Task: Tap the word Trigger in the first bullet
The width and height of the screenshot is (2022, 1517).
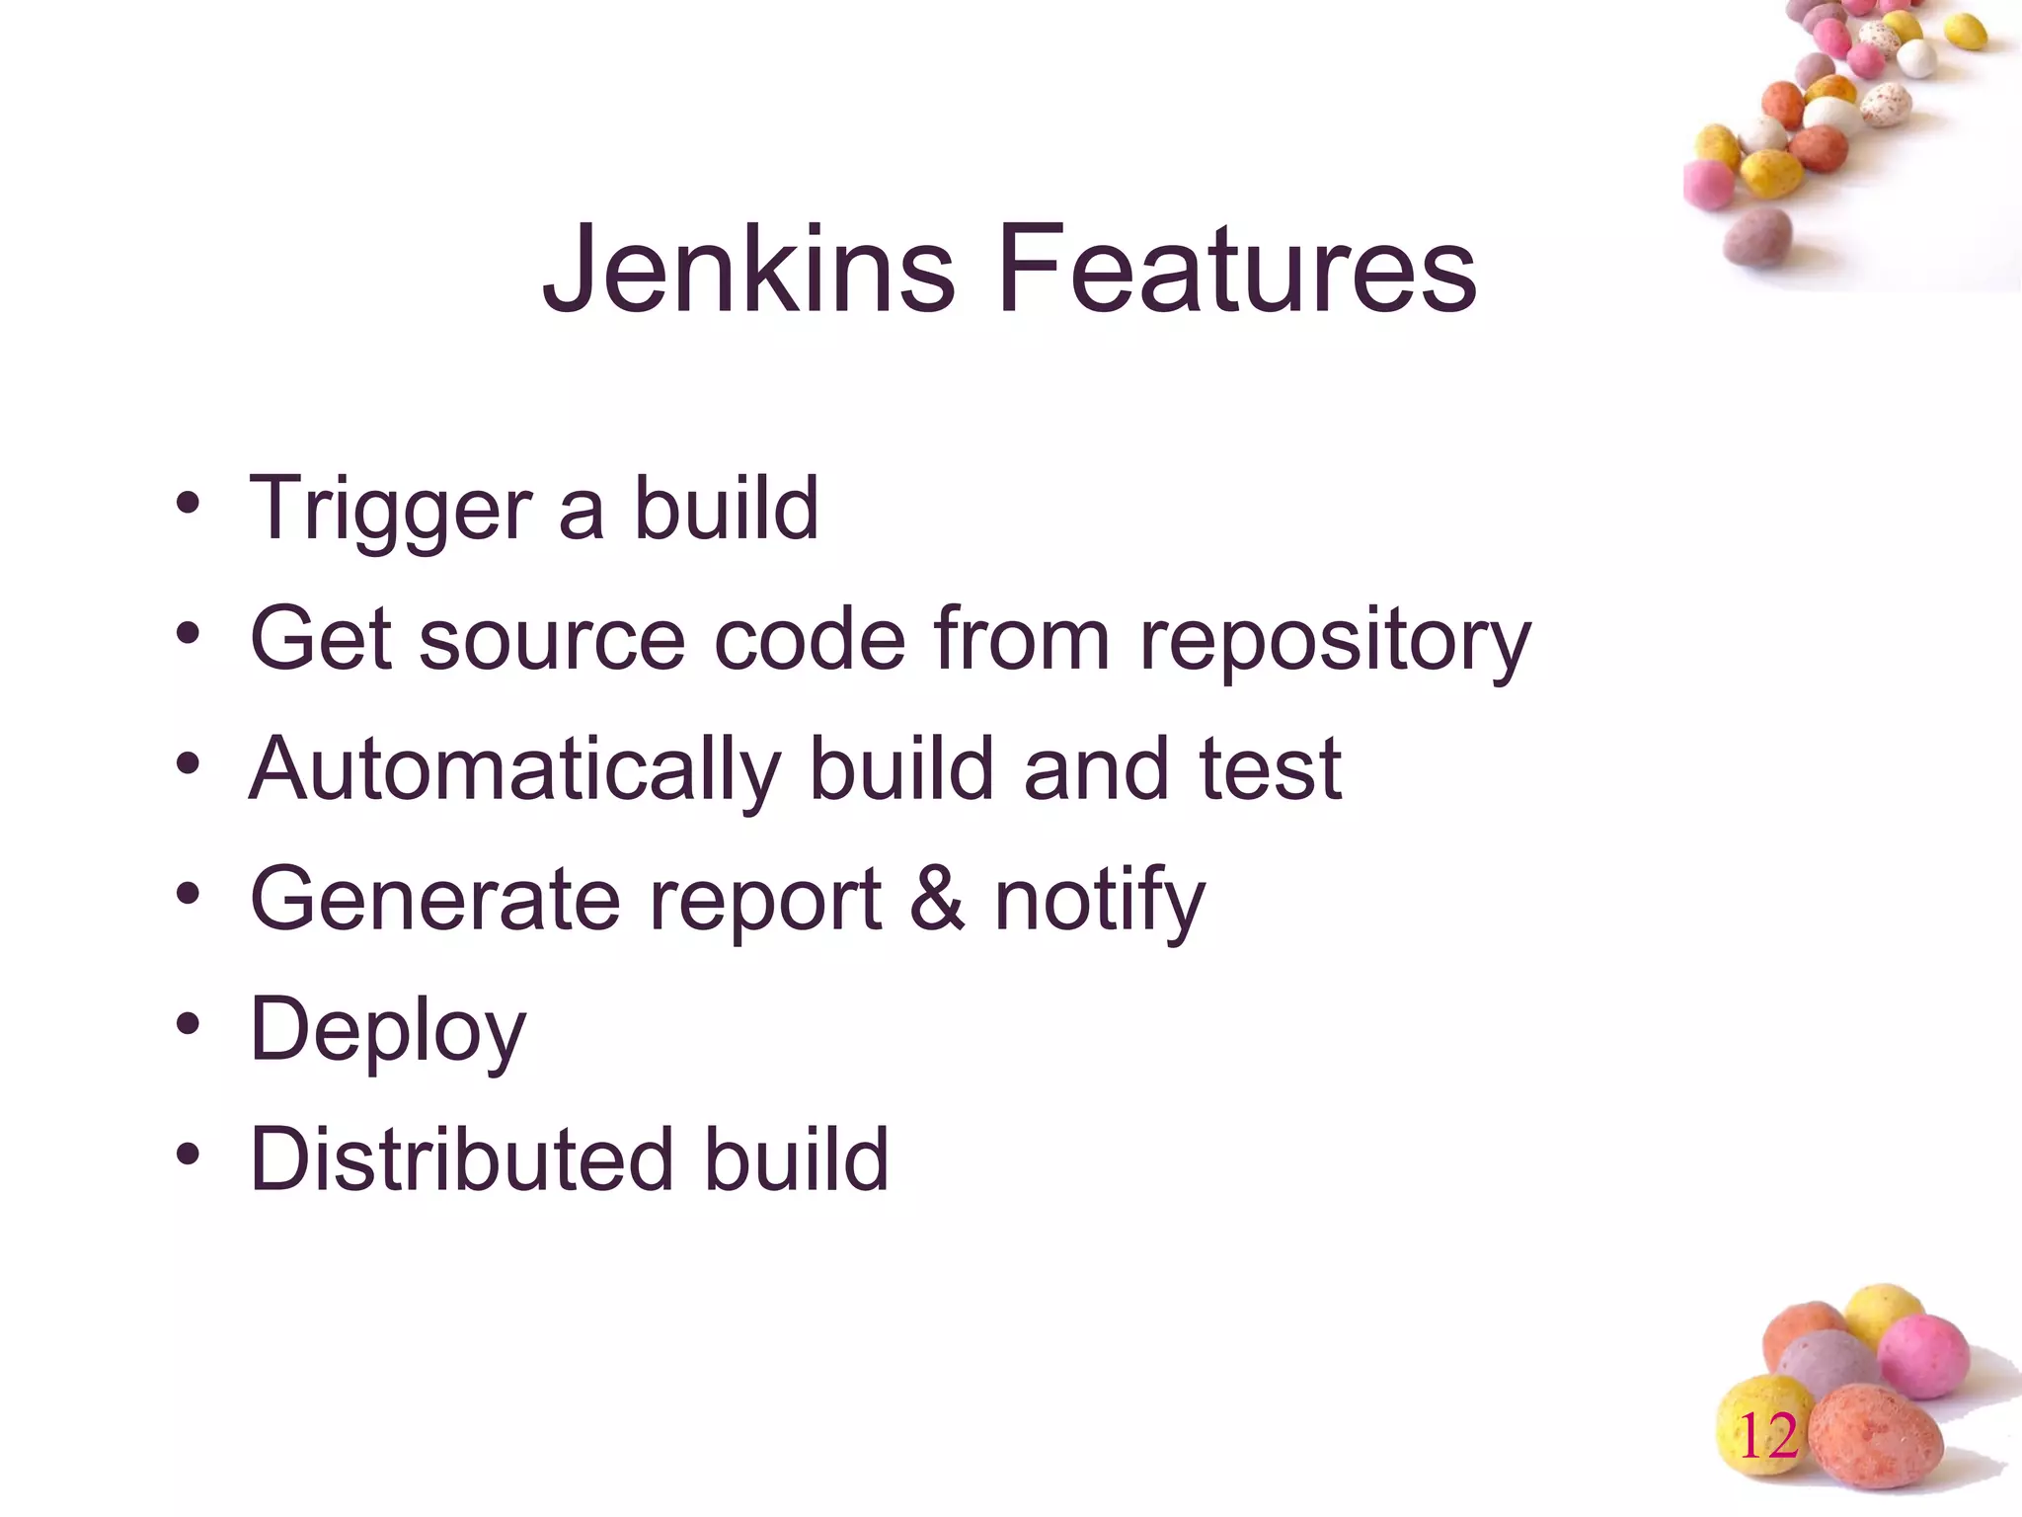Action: click(x=390, y=510)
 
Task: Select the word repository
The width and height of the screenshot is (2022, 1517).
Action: click(x=1335, y=642)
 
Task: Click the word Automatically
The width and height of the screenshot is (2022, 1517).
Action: click(x=514, y=770)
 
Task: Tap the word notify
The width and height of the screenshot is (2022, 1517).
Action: click(x=1099, y=901)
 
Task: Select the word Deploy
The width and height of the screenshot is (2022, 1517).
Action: click(x=388, y=1031)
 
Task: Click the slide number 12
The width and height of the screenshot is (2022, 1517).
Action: click(x=1767, y=1437)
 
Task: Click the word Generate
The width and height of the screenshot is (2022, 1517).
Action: click(x=435, y=901)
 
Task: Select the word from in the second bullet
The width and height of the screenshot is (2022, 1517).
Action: click(x=1023, y=642)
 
